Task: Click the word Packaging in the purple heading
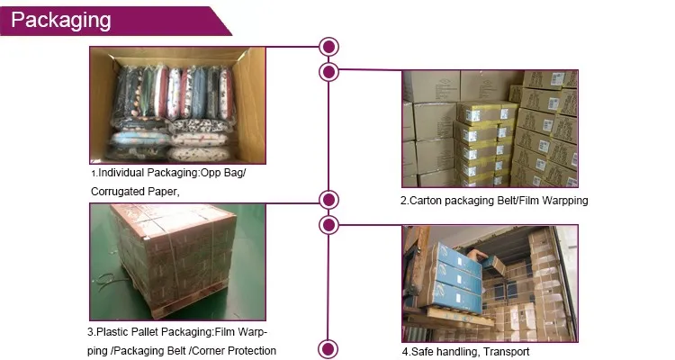pos(61,20)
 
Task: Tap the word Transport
pos(509,352)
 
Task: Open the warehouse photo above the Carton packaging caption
pos(489,129)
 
